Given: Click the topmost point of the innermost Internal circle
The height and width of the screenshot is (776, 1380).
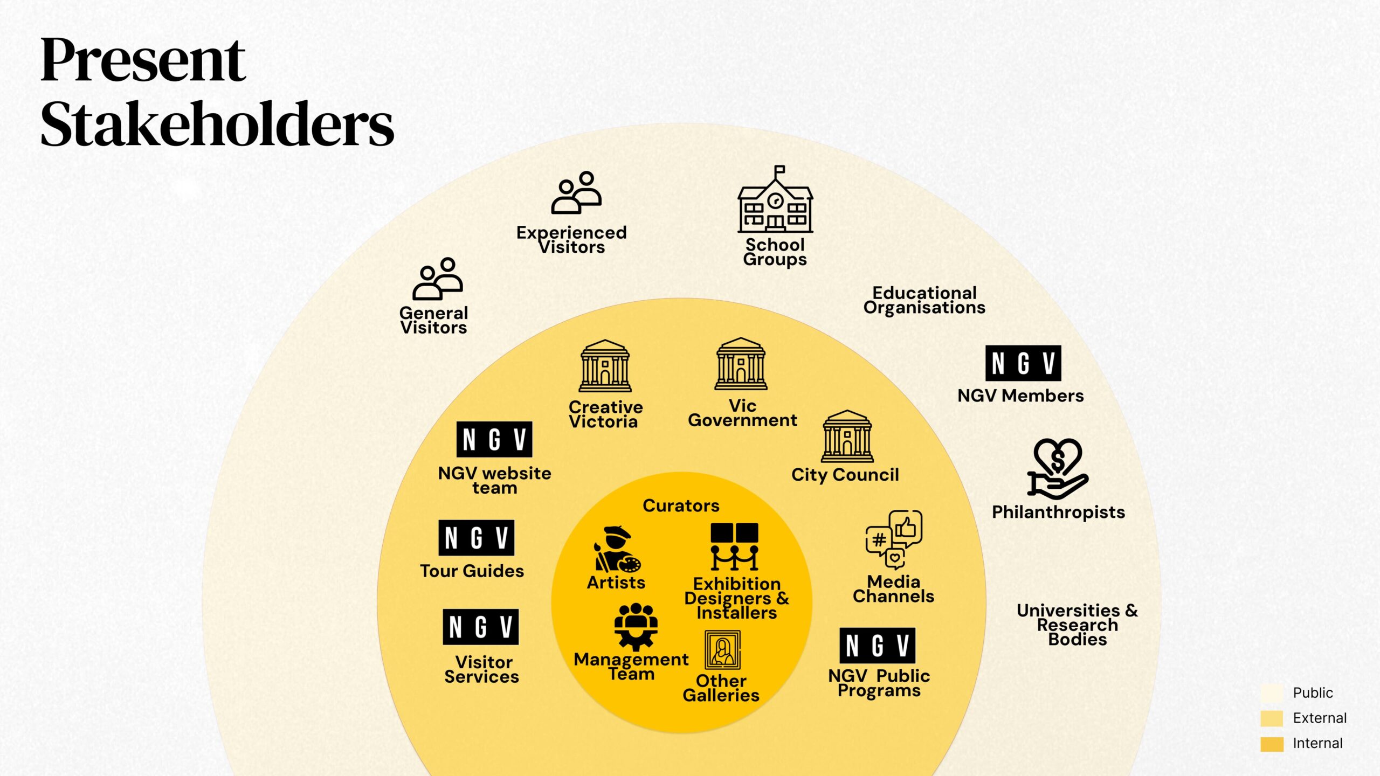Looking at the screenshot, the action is click(x=682, y=472).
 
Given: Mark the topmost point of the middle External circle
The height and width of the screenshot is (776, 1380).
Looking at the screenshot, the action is click(x=682, y=298).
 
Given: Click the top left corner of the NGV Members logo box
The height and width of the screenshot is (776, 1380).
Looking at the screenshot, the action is click(x=986, y=346).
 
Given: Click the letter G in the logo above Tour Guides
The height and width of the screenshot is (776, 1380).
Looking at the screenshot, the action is click(x=476, y=538).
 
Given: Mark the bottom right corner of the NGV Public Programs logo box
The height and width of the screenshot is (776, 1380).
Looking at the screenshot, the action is click(x=915, y=663).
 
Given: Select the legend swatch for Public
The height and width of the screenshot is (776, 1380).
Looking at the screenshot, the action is click(x=1272, y=692).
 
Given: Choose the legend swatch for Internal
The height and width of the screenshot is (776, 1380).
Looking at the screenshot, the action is click(x=1272, y=744).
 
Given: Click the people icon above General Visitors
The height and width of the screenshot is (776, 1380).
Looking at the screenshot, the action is click(x=438, y=279).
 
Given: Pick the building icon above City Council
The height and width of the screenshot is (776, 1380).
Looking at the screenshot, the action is click(x=847, y=436).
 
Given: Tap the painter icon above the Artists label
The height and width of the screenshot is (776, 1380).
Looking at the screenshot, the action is click(x=618, y=549).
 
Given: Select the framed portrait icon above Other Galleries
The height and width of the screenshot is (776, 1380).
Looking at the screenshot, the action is click(x=723, y=650).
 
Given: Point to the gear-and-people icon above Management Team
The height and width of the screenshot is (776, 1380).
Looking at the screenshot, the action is click(x=636, y=626).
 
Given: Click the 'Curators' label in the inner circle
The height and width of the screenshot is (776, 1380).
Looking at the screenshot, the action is click(x=681, y=505).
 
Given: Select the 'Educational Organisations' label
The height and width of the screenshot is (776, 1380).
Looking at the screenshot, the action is click(x=924, y=300).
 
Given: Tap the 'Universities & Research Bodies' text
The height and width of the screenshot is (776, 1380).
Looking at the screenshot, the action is click(x=1078, y=625).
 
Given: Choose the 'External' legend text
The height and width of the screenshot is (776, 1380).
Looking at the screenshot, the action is click(x=1320, y=718).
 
